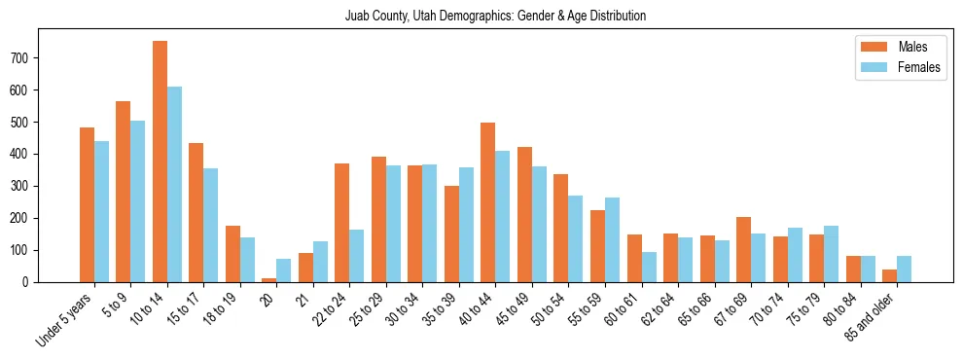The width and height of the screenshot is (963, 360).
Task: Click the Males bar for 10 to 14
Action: click(160, 162)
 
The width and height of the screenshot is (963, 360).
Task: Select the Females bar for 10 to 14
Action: click(174, 185)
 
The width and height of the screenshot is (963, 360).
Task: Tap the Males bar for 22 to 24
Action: click(342, 223)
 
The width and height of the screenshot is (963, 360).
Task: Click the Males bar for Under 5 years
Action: click(87, 205)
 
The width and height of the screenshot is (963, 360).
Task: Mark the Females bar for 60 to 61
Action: click(649, 268)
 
